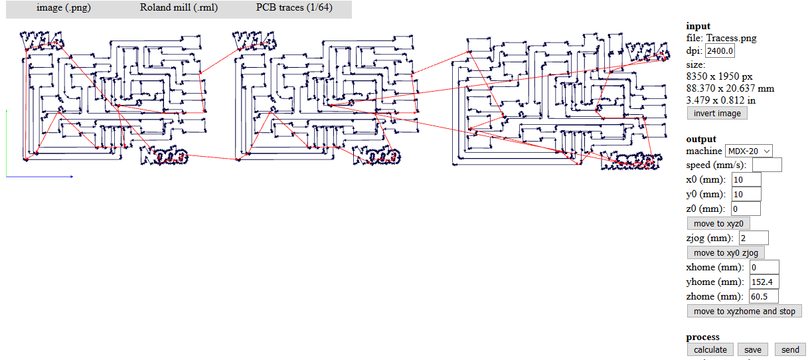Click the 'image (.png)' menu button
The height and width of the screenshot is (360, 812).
[63, 9]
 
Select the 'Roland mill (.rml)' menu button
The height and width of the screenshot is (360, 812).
[179, 9]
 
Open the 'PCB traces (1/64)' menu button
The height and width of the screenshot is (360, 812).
[293, 9]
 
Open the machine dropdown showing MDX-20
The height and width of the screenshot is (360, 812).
[749, 151]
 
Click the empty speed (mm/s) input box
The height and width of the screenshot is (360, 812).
[767, 165]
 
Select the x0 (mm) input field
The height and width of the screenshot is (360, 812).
[746, 180]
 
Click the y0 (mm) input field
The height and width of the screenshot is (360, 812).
[746, 195]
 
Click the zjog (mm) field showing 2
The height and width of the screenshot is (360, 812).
[753, 238]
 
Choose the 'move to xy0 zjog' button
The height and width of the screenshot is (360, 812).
[726, 252]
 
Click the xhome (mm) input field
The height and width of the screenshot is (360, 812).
[764, 267]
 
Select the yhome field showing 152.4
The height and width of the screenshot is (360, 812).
[764, 282]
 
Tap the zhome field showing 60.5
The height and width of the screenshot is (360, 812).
[764, 296]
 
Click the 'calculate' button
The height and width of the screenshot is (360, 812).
[710, 349]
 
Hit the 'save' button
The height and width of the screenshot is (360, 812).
[752, 349]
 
